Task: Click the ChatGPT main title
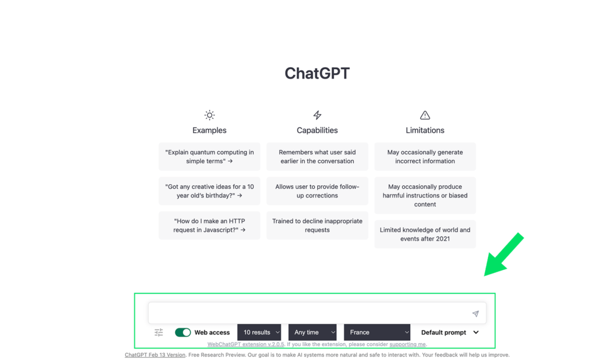tap(317, 73)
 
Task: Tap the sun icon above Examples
tap(209, 115)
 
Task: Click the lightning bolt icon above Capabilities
tap(317, 115)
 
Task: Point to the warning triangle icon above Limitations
tap(425, 115)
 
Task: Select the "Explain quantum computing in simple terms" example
tap(209, 157)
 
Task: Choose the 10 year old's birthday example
tap(209, 191)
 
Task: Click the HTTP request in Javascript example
tap(209, 226)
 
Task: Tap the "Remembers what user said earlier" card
tap(317, 157)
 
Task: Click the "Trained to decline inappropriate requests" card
tap(317, 226)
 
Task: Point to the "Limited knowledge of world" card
tap(425, 234)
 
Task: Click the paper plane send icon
tap(475, 314)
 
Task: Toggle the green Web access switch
tap(183, 332)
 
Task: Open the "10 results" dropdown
tap(259, 332)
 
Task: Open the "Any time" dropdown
tap(312, 332)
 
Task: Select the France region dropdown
tap(377, 332)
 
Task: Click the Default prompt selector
tap(450, 332)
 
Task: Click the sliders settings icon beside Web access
tap(159, 332)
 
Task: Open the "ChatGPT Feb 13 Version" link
tap(155, 355)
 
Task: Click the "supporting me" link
tap(408, 344)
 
